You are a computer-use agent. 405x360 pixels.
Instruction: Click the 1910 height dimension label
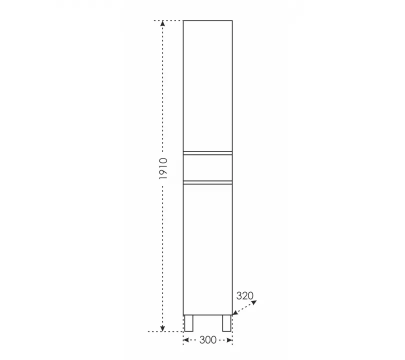163,168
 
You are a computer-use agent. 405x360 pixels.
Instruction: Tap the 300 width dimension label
208,340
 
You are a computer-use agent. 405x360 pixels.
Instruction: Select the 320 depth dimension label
245,295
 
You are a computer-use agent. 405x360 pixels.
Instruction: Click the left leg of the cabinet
188,323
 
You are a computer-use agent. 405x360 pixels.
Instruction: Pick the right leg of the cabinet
227,323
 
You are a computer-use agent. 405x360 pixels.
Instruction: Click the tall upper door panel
207,85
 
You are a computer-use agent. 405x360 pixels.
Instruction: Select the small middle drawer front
207,167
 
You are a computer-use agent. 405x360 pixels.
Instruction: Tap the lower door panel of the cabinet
207,249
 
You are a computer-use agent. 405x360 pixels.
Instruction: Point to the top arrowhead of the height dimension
162,24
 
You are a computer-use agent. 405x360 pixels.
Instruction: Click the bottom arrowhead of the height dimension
162,328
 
